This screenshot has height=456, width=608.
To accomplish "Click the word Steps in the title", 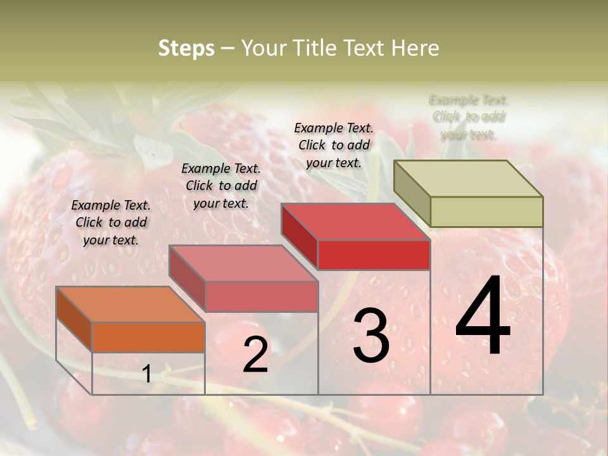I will pos(186,49).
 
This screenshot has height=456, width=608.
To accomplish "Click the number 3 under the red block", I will pos(370,336).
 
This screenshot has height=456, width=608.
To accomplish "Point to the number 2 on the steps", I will pos(255,355).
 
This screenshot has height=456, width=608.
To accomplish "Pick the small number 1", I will pos(147,374).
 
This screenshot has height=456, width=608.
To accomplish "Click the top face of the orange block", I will pos(130,305).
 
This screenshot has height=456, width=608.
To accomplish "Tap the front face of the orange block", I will pos(148,337).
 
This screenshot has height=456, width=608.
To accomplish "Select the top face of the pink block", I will pos(243,263).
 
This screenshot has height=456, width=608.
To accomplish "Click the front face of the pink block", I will pos(262,296).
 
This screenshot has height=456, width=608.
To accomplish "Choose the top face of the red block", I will pos(355,222).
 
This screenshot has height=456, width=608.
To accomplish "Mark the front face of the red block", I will pos(374,255).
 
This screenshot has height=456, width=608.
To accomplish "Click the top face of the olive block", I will pos(469,179).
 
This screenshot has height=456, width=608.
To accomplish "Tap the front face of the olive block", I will pos(486,212).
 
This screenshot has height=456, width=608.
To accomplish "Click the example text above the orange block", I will pos(111,222).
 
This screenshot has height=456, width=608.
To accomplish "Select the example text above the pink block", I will pos(221,186).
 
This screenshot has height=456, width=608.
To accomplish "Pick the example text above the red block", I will pos(334,145).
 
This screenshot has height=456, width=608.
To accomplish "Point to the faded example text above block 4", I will pos(469,117).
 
